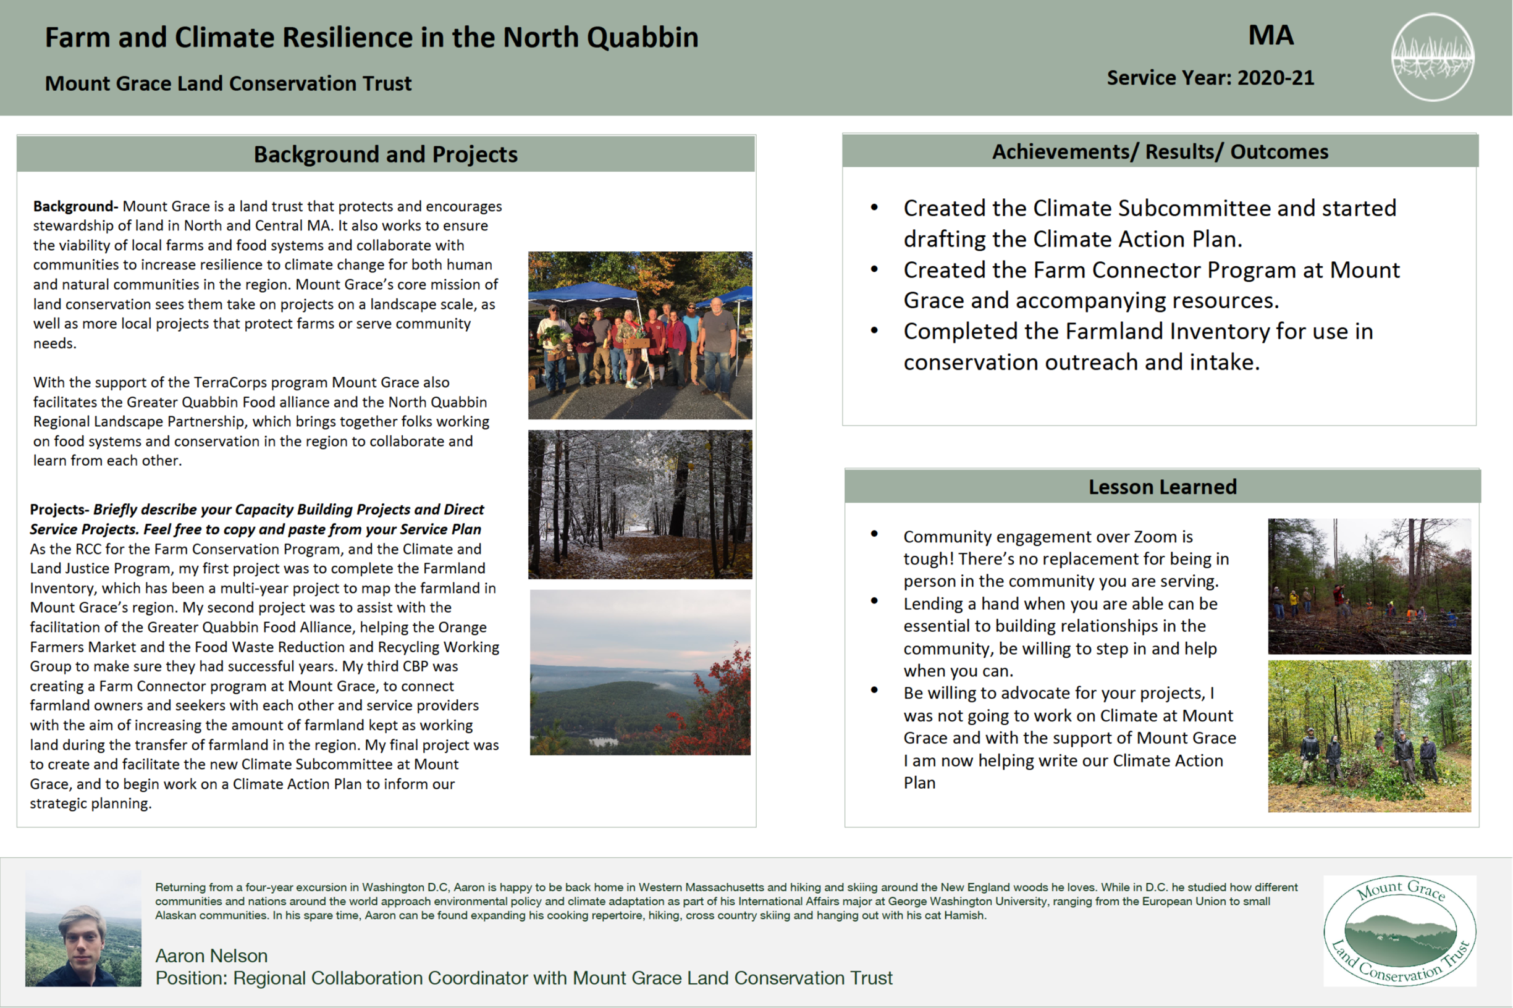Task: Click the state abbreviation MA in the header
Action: tap(1271, 35)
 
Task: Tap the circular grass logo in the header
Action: tap(1432, 57)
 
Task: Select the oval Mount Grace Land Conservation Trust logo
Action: tap(1400, 930)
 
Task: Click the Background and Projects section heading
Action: tap(385, 154)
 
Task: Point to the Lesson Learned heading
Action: tap(1162, 487)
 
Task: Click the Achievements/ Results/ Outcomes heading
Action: tap(1160, 152)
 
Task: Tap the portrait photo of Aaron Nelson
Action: tap(83, 929)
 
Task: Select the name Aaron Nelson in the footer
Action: tap(211, 955)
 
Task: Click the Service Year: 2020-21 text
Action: tap(1210, 78)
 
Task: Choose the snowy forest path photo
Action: tap(640, 505)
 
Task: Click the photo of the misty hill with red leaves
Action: tap(640, 673)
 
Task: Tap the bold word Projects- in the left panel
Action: tap(59, 510)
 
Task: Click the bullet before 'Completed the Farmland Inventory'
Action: tap(874, 330)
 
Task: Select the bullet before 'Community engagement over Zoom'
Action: tap(874, 534)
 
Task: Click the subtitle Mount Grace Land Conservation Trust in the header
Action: tap(227, 83)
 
